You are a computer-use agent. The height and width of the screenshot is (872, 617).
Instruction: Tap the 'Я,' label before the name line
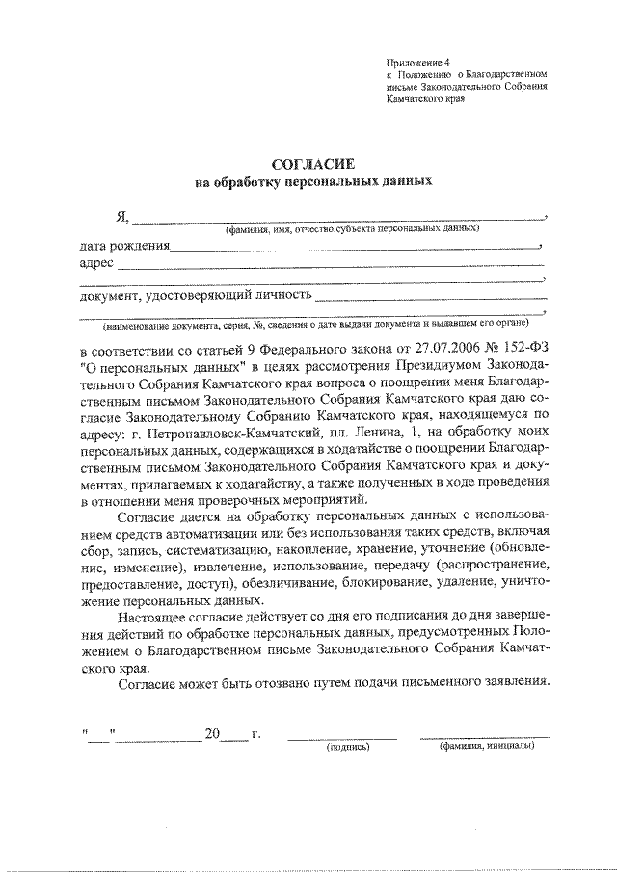point(121,217)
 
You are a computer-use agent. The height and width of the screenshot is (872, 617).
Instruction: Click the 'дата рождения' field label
point(124,247)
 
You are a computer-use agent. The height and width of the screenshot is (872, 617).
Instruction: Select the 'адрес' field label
point(97,263)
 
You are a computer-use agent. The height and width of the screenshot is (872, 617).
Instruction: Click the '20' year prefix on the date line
point(213,734)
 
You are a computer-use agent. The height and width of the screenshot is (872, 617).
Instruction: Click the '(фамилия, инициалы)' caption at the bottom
point(486,747)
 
